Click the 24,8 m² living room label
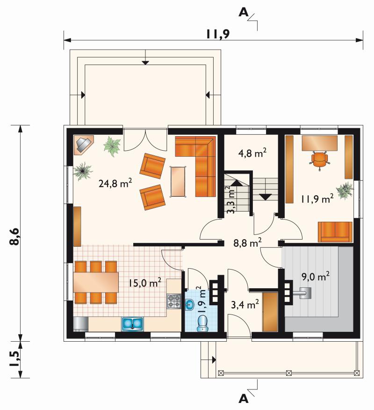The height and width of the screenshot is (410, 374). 115,183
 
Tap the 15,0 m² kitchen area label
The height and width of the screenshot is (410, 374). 144,283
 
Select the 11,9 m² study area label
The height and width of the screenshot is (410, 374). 317,199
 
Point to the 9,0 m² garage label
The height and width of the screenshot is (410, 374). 316,277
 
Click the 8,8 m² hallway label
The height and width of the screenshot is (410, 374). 247,243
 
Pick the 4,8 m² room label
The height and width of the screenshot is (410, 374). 252,153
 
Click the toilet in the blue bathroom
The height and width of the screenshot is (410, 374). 202,323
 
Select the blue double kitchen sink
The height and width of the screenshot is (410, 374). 132,324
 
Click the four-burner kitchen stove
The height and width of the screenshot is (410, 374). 174,301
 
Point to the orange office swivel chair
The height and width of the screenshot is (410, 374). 319,161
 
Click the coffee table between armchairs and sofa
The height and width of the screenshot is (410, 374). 178,182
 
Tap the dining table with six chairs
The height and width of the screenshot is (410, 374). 96,282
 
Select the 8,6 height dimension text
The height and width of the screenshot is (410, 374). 14,236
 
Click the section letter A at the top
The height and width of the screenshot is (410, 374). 244,12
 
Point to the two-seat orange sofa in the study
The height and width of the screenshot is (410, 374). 335,232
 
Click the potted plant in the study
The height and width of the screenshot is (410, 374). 345,191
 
